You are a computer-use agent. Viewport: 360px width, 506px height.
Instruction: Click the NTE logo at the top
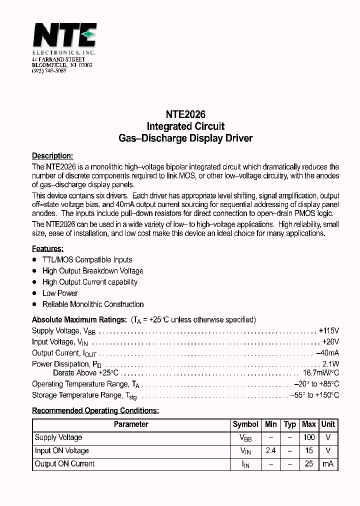pyautogui.click(x=64, y=36)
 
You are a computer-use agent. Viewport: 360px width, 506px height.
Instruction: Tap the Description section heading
pyautogui.click(x=52, y=155)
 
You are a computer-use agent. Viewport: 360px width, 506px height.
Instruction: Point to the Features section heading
pyautogui.click(x=47, y=248)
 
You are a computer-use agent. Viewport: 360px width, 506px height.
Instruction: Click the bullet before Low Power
pyautogui.click(x=34, y=293)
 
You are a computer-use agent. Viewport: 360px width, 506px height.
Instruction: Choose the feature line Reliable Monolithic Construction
pyautogui.click(x=93, y=304)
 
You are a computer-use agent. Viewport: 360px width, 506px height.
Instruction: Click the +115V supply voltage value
pyautogui.click(x=328, y=331)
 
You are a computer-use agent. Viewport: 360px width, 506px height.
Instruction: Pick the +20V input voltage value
pyautogui.click(x=330, y=342)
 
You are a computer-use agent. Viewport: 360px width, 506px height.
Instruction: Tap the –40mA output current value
pyautogui.click(x=327, y=353)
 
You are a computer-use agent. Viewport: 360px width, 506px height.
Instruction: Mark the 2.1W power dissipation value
pyautogui.click(x=330, y=364)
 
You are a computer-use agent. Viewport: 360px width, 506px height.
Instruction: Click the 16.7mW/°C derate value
pyautogui.click(x=321, y=373)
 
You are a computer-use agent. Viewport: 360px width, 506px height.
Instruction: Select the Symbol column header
pyautogui.click(x=245, y=424)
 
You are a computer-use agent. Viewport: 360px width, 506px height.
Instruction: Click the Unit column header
pyautogui.click(x=328, y=424)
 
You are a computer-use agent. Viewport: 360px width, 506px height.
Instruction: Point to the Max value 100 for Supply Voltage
pyautogui.click(x=309, y=437)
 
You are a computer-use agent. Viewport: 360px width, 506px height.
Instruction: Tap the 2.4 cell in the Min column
pyautogui.click(x=270, y=450)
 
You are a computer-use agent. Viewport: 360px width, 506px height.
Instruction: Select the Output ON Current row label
pyautogui.click(x=64, y=464)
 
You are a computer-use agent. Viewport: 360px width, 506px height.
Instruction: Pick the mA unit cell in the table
pyautogui.click(x=328, y=464)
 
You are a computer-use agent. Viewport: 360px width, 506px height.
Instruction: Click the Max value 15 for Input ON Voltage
pyautogui.click(x=309, y=450)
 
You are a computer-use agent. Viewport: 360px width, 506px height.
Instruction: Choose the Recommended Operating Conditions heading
pyautogui.click(x=95, y=410)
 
